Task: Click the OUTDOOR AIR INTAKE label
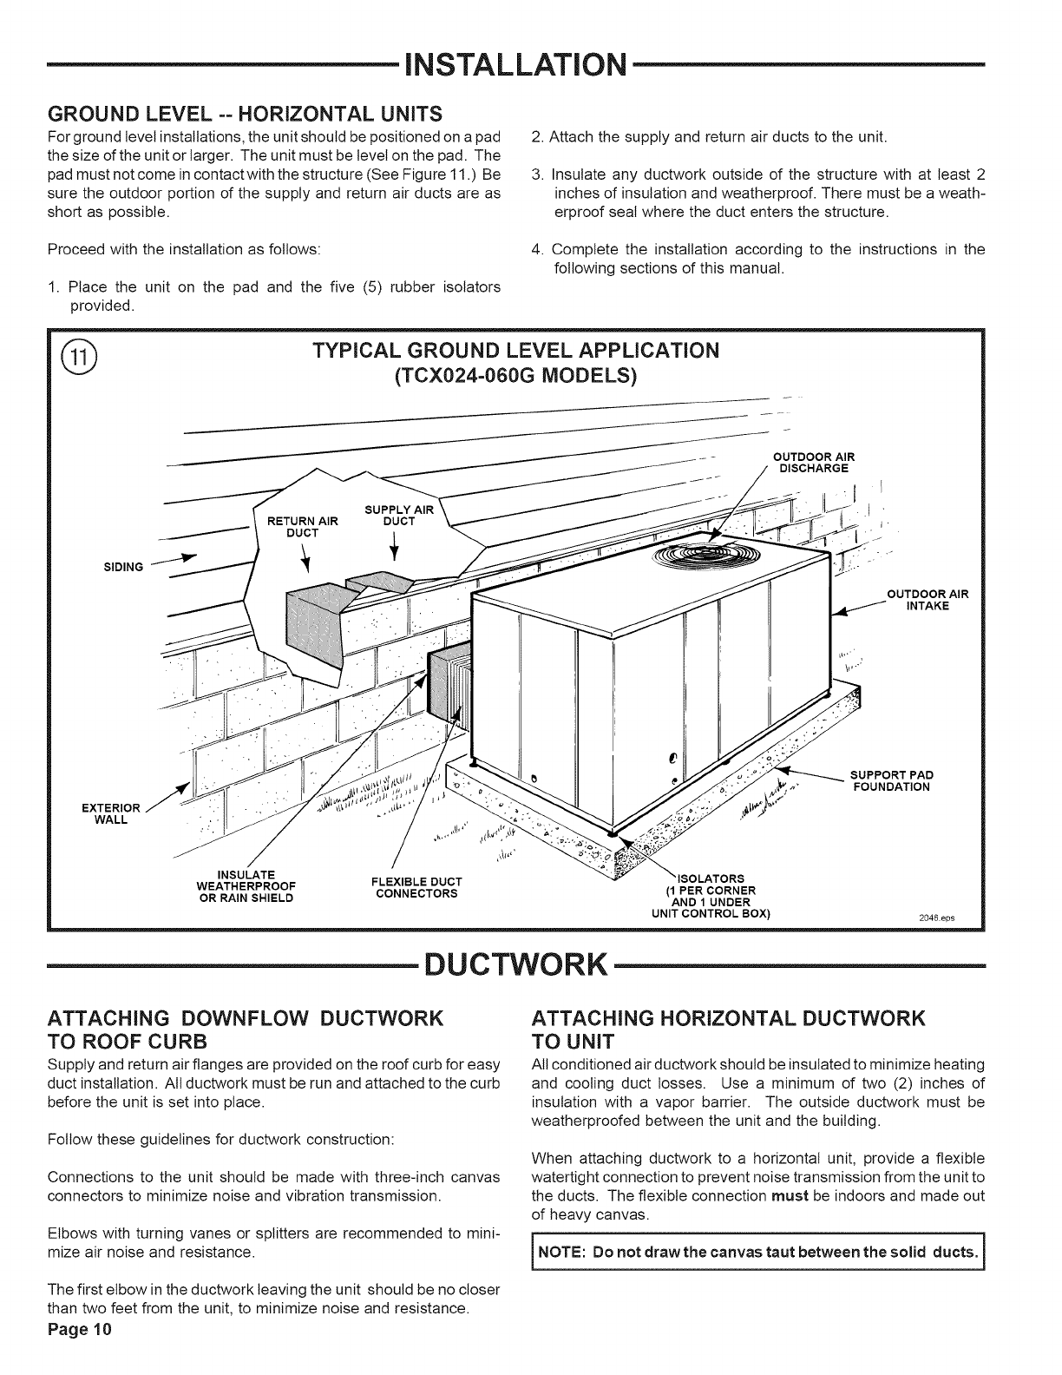click(927, 600)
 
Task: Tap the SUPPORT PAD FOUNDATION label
click(891, 781)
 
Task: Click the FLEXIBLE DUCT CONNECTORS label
click(416, 888)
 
